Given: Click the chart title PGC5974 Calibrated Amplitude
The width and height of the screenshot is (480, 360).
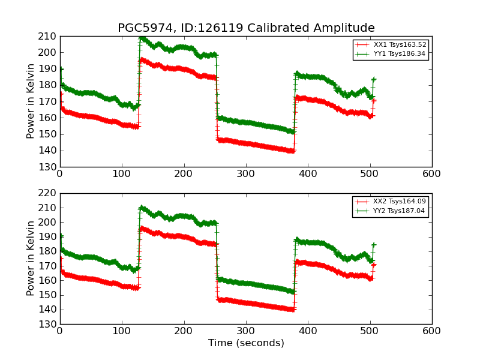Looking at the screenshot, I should click(246, 28).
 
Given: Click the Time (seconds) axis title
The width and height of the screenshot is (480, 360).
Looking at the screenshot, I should click(246, 343).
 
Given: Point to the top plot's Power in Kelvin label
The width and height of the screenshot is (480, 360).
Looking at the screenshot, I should click(31, 101).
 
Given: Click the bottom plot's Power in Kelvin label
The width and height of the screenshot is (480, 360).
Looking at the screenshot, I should click(31, 259).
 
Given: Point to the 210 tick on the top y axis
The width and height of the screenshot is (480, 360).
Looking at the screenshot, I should click(49, 36).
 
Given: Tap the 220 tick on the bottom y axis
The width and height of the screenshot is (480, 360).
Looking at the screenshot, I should click(49, 193).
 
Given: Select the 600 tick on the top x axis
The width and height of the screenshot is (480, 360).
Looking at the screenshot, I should click(431, 174).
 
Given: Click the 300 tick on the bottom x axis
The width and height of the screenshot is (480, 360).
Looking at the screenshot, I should click(245, 331).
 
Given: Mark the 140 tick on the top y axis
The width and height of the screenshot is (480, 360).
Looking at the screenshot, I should click(49, 151).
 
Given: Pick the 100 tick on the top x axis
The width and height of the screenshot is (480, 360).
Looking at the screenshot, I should click(122, 174).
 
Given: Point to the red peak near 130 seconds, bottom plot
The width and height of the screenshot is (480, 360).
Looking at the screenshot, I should click(141, 228).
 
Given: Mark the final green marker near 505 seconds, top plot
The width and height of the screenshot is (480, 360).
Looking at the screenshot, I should click(373, 79).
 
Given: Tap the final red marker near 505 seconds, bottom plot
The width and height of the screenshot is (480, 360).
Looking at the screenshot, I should click(373, 265).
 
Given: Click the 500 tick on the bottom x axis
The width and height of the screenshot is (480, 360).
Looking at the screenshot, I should click(370, 331).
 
